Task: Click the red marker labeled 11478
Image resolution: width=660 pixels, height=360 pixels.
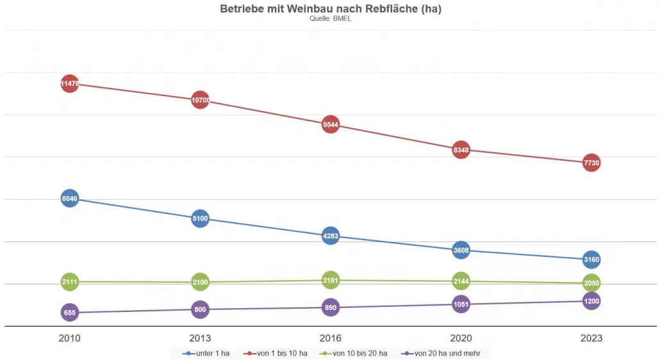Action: coord(70,83)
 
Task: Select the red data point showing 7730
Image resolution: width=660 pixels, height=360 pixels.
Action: coord(591,163)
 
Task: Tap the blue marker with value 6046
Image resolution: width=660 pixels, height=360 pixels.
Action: coord(70,199)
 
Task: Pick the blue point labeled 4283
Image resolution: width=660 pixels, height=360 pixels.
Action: coord(331,236)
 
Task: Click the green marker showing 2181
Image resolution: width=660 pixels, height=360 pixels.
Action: coord(331,280)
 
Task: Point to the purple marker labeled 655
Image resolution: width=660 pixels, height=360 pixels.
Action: coord(70,313)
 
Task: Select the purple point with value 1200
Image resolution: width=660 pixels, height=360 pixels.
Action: coord(591,301)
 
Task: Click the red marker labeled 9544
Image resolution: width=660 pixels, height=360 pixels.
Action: coord(331,125)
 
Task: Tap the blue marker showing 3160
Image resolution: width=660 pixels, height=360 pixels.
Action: coord(591,260)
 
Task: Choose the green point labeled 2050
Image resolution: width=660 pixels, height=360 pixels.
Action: coord(591,283)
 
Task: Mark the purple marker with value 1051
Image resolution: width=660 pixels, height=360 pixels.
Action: coord(461,304)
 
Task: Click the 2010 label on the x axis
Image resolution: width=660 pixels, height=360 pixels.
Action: coord(70,338)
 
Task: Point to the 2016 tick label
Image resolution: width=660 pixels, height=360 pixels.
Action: coord(331,338)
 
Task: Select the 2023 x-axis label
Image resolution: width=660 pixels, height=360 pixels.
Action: coord(591,338)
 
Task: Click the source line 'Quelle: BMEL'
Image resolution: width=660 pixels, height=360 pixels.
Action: coord(330,19)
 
